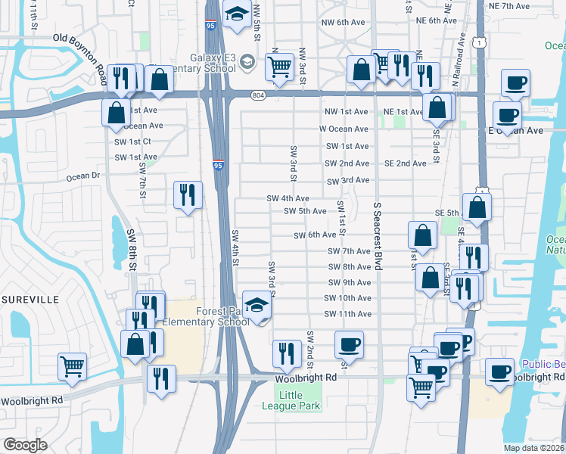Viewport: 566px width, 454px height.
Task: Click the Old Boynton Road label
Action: pyautogui.click(x=79, y=38)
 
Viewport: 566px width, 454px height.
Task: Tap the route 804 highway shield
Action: pyautogui.click(x=259, y=95)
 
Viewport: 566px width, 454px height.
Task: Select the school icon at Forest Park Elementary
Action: pyautogui.click(x=257, y=305)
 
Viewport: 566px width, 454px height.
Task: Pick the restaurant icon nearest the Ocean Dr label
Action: pyautogui.click(x=186, y=194)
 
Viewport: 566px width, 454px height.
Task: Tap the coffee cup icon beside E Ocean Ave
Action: pyautogui.click(x=506, y=116)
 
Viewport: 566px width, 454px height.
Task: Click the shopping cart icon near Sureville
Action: pyautogui.click(x=72, y=367)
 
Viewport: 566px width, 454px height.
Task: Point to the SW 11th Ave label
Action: pyautogui.click(x=347, y=314)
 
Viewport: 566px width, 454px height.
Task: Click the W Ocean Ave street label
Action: pyautogui.click(x=344, y=129)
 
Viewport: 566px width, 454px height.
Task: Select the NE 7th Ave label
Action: pyautogui.click(x=509, y=6)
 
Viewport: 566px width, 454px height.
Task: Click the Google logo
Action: pyautogui.click(x=25, y=445)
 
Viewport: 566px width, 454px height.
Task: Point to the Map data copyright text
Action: pyautogui.click(x=533, y=448)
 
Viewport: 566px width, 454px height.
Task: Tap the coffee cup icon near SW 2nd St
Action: pyautogui.click(x=349, y=345)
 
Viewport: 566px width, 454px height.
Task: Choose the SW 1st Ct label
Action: pyautogui.click(x=132, y=141)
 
